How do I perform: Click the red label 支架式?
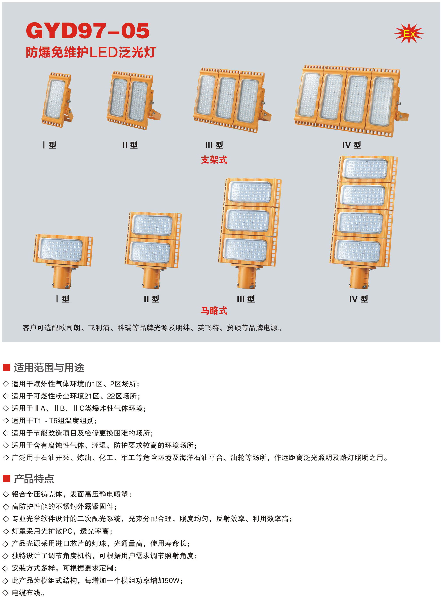(214, 160)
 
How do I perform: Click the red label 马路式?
(214, 311)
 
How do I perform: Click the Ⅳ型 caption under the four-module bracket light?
(351, 145)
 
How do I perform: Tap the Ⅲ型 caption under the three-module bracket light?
(214, 145)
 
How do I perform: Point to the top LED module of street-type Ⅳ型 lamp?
(366, 169)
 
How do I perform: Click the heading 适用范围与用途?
(49, 368)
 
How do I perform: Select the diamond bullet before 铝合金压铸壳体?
(6, 494)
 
